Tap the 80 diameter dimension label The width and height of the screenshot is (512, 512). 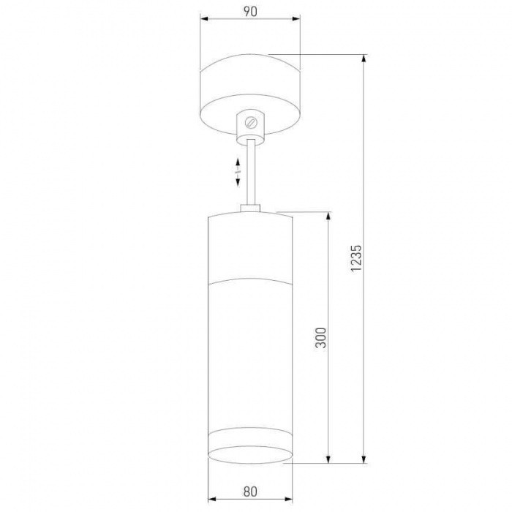point(250,492)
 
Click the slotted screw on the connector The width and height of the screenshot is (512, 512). point(250,121)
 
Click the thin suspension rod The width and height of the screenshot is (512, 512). point(251,172)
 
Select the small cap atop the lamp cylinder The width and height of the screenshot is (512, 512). point(250,210)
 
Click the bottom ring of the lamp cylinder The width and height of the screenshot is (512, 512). point(250,446)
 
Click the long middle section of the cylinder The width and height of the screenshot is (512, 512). point(250,351)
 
